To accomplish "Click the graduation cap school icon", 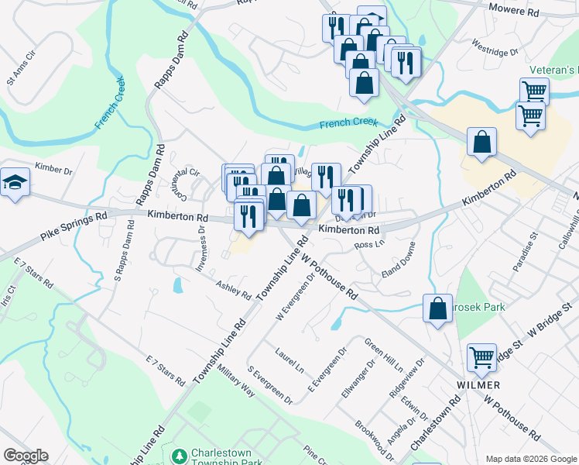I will point(15,183).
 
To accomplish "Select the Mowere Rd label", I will point(513,12).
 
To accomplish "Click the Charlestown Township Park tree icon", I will point(180,455).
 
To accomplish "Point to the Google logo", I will point(25,456).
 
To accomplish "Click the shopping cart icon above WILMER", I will point(481,358).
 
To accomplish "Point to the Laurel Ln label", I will point(289,361).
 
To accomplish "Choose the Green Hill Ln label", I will point(384,353).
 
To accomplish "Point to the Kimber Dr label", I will point(53,169).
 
